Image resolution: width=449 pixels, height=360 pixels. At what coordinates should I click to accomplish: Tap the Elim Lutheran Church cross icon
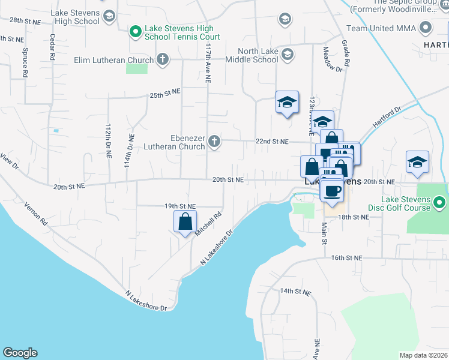click(161, 59)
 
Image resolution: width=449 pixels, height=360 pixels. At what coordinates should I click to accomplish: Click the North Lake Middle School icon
click(287, 55)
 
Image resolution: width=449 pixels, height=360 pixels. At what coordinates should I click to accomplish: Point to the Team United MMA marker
click(426, 28)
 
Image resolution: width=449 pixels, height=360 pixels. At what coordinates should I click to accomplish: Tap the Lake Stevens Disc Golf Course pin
click(440, 203)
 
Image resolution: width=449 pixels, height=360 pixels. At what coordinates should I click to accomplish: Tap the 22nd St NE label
click(273, 142)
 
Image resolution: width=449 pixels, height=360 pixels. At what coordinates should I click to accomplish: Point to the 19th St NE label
click(181, 206)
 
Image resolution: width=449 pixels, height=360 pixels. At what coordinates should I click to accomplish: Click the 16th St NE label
click(348, 257)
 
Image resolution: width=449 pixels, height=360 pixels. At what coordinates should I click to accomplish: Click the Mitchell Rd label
click(210, 223)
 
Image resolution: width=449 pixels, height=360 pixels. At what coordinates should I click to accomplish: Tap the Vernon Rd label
click(35, 213)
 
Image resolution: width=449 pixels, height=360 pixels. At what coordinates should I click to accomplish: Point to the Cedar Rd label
click(53, 46)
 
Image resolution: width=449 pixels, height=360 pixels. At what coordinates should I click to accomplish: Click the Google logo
click(20, 353)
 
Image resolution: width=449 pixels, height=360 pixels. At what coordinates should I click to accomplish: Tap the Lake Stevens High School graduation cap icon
click(109, 16)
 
